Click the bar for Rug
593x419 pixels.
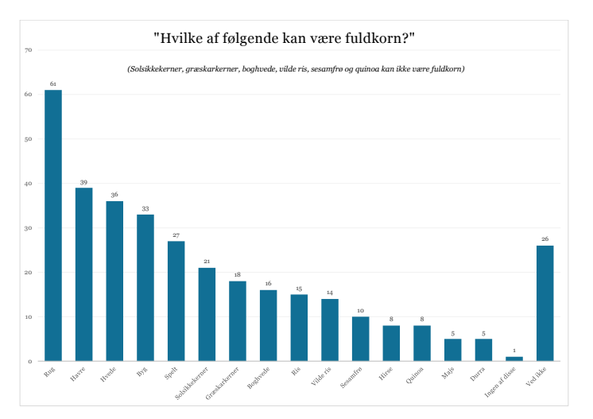pyautogui.click(x=52, y=226)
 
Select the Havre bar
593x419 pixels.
pyautogui.click(x=83, y=274)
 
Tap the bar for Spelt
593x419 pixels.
pyautogui.click(x=176, y=301)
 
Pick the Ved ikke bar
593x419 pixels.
pyautogui.click(x=545, y=303)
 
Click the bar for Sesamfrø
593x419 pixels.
pyautogui.click(x=360, y=339)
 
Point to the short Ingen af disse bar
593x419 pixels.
pyautogui.click(x=514, y=359)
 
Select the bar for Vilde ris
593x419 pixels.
pyautogui.click(x=330, y=330)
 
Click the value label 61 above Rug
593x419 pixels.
pyautogui.click(x=52, y=83)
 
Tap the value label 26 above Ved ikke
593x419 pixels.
pyautogui.click(x=545, y=239)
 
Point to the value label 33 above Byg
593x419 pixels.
pyautogui.click(x=145, y=208)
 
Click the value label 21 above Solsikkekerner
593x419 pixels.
pyautogui.click(x=207, y=262)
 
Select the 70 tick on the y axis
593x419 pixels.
pyautogui.click(x=28, y=50)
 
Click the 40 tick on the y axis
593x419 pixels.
pyautogui.click(x=28, y=184)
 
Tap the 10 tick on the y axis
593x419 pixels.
pyautogui.click(x=28, y=317)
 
